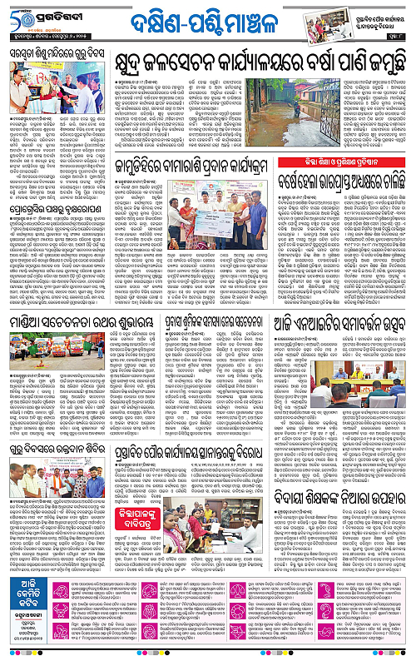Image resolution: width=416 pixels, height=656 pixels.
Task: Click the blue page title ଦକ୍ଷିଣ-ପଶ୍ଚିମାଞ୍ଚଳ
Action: [206, 17]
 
